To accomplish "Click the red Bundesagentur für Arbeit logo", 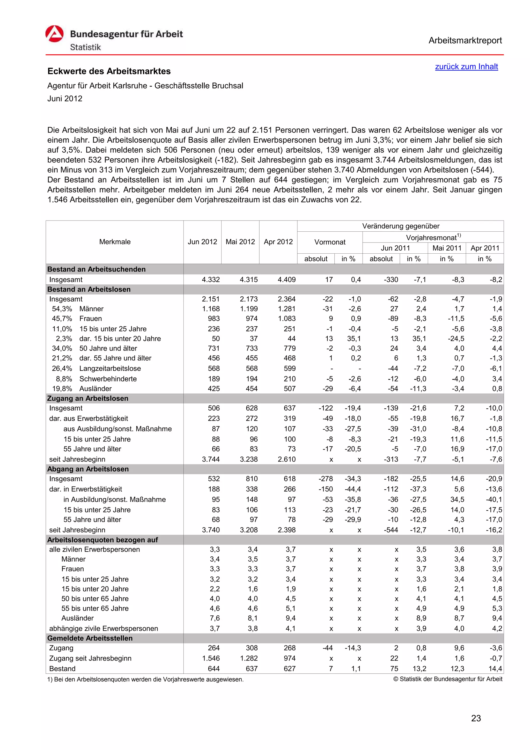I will click(x=54, y=34).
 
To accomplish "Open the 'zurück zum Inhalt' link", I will click(x=466, y=67).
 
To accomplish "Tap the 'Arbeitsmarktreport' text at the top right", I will click(x=465, y=41).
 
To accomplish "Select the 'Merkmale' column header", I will click(x=115, y=242).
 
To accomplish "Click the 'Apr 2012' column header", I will click(x=278, y=242).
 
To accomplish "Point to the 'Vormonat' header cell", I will click(x=329, y=242).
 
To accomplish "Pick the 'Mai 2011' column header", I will click(x=446, y=248).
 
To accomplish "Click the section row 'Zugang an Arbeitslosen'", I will click(x=88, y=398).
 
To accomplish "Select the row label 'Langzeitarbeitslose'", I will click(x=110, y=369).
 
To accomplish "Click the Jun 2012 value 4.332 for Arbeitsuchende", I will click(x=211, y=280).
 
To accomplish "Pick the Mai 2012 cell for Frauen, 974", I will click(x=252, y=319).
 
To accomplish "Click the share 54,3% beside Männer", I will click(x=62, y=309).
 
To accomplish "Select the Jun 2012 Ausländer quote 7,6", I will click(x=215, y=618).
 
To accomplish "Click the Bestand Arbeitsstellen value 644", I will click(x=214, y=669).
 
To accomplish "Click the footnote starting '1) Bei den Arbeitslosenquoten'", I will click(x=145, y=679).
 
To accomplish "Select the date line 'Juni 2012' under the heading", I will click(x=65, y=99).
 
